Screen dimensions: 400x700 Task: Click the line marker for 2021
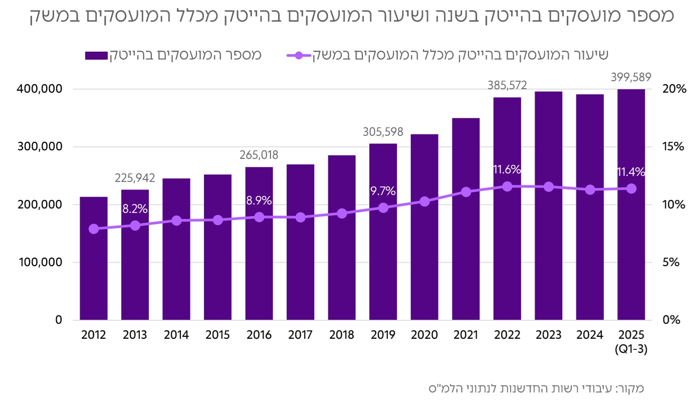466,192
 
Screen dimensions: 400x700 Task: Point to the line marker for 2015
218,220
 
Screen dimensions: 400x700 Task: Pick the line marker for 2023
549,186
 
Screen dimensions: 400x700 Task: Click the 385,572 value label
507,85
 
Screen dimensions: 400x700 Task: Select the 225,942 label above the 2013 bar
135,178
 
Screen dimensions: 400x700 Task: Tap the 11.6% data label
507,169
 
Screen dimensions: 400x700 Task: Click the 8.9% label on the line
259,201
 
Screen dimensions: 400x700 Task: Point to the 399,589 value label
631,77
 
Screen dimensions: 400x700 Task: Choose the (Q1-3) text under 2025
631,350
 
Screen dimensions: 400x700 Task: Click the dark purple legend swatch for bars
96,55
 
